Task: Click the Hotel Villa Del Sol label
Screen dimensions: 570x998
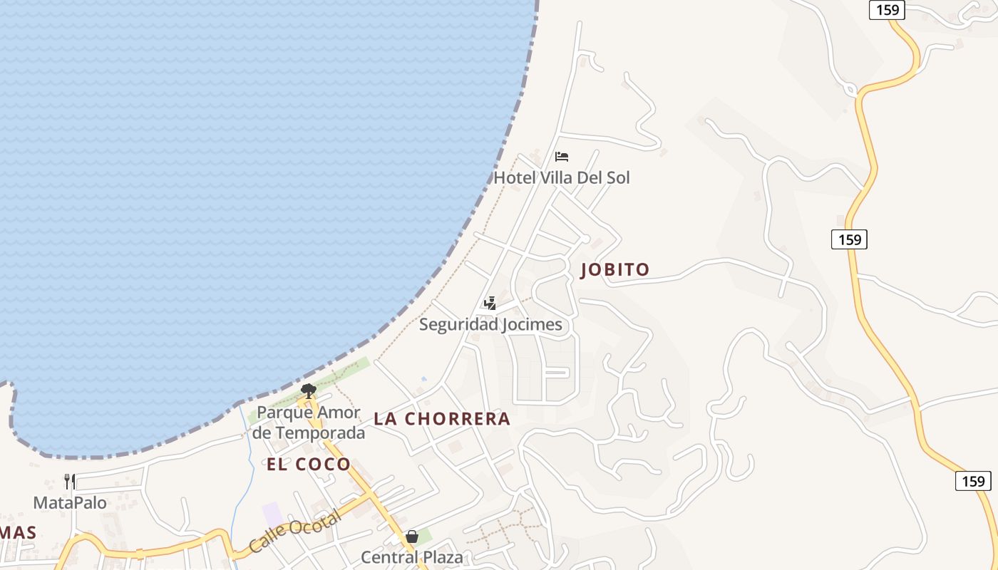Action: tap(562, 177)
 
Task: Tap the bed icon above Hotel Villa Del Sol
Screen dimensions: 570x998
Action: tap(562, 157)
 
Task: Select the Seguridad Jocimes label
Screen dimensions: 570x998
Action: tap(490, 325)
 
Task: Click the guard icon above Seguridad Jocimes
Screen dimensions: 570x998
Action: tap(490, 304)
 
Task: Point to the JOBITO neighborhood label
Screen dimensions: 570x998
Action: tap(615, 269)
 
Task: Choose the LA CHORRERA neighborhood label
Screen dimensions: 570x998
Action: tap(442, 419)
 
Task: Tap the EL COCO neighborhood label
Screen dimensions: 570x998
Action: tap(309, 465)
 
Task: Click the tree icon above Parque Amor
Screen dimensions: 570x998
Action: tap(309, 390)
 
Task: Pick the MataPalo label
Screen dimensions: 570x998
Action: tap(70, 502)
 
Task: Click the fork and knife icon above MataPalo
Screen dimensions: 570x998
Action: tap(70, 482)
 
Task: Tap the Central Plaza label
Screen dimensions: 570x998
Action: tap(411, 556)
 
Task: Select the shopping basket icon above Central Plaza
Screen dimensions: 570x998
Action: tap(412, 537)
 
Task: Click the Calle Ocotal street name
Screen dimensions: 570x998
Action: tap(295, 533)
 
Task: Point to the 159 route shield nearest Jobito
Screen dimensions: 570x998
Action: tap(849, 239)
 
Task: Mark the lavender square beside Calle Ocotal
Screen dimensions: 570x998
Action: tap(272, 514)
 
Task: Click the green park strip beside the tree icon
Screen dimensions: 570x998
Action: tap(349, 371)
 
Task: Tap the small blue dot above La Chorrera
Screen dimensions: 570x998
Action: tap(424, 378)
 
